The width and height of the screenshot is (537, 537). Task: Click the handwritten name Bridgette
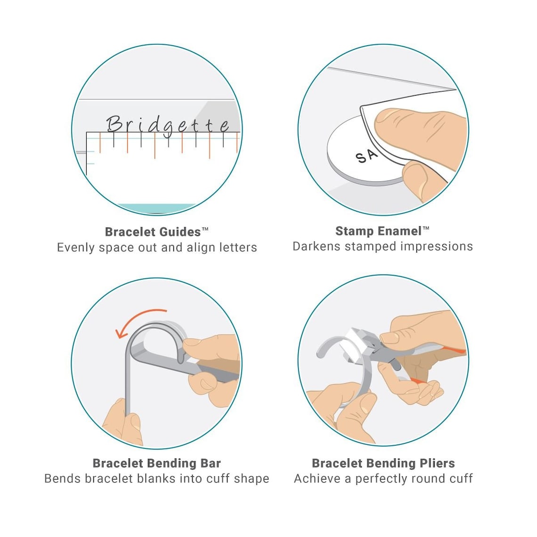[167, 124]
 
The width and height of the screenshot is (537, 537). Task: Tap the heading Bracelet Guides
[153, 232]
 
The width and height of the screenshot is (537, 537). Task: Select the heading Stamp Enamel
[378, 231]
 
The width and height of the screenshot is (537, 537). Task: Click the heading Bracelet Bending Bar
[156, 463]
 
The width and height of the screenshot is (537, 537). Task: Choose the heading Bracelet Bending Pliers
[383, 463]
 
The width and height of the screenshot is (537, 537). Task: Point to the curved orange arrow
[139, 320]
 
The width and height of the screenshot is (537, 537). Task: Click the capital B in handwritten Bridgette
[113, 123]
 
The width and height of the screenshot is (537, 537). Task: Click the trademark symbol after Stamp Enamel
[426, 228]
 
